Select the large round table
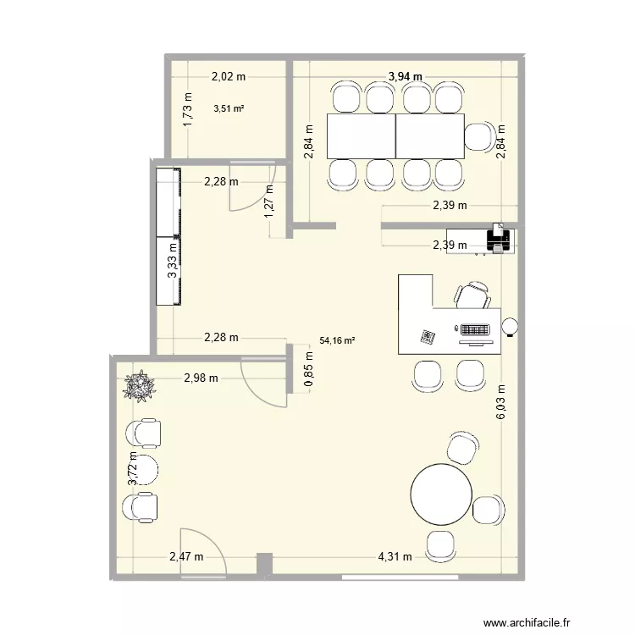click(441, 493)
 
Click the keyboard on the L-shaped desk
click(474, 329)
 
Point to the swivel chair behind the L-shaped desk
click(472, 295)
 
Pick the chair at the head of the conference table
click(480, 137)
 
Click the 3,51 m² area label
click(229, 108)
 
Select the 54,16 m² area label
click(337, 341)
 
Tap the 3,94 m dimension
click(405, 77)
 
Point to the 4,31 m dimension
click(395, 556)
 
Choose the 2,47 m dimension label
click(186, 556)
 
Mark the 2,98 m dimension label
click(202, 378)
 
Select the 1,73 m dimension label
click(188, 109)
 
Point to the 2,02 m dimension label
click(229, 76)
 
